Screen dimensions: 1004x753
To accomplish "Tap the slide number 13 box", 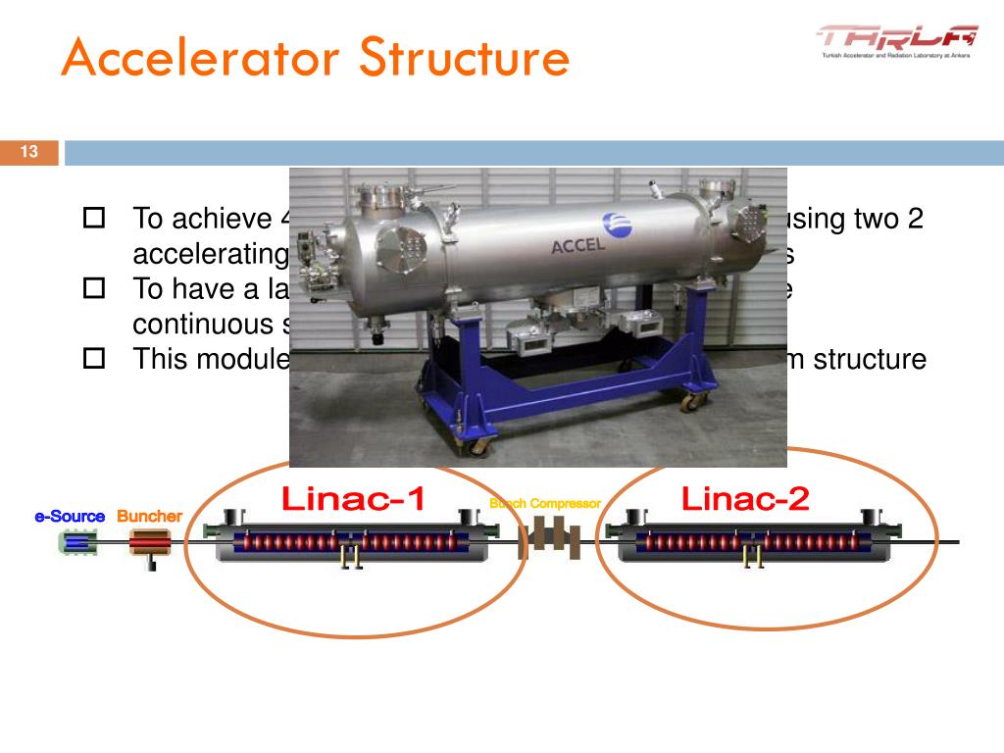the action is pyautogui.click(x=29, y=152).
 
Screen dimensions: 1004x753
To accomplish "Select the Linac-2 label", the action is pyautogui.click(x=746, y=500).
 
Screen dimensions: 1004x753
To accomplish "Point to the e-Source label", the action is pyautogui.click(x=70, y=516).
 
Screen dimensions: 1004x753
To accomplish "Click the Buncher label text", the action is pyautogui.click(x=149, y=516).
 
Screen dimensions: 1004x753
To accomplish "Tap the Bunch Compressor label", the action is pyautogui.click(x=545, y=503).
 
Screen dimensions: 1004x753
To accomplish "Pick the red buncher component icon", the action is pyautogui.click(x=150, y=542).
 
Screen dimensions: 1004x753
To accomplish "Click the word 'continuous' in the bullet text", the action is pyautogui.click(x=206, y=324).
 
